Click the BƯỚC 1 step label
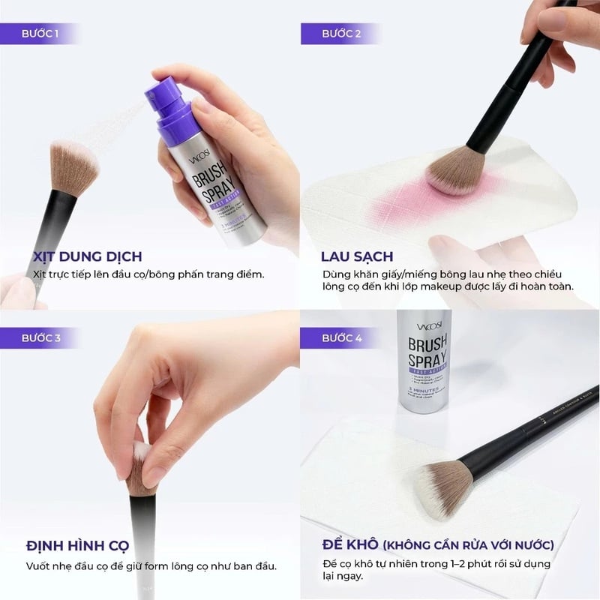(x=42, y=34)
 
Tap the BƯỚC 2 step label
(x=341, y=34)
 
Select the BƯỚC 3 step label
(x=42, y=338)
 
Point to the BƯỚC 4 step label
(x=341, y=338)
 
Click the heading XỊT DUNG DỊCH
(x=87, y=256)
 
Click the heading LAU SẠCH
(x=358, y=256)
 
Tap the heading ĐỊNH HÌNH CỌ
(x=77, y=545)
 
